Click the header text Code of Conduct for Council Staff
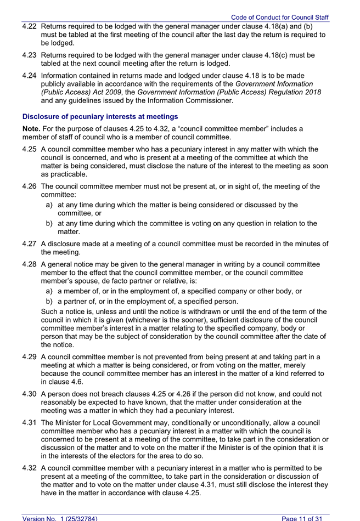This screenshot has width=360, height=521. click(279, 18)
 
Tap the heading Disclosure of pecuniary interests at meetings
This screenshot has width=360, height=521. click(100, 117)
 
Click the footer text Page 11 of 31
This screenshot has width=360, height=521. click(305, 518)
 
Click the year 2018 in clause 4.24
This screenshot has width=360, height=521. click(312, 92)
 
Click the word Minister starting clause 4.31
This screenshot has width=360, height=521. click(72, 422)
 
